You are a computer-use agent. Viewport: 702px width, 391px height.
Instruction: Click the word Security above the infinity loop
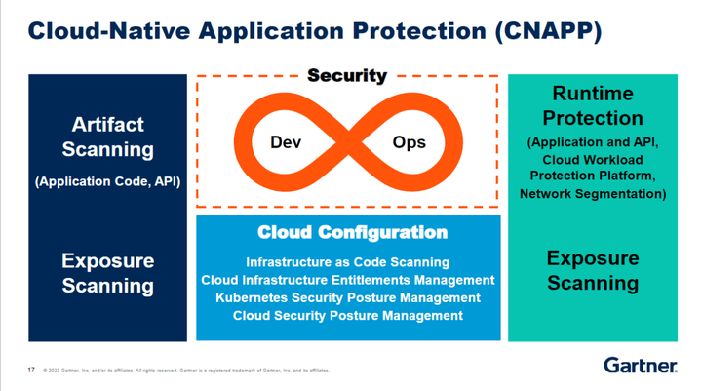click(347, 75)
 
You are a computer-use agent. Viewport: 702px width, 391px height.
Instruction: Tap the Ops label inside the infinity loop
click(408, 142)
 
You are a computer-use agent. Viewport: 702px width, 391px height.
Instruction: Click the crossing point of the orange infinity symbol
click(348, 142)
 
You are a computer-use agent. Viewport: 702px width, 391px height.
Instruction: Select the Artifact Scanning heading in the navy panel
click(107, 137)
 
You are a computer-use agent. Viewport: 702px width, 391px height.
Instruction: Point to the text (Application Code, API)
click(107, 181)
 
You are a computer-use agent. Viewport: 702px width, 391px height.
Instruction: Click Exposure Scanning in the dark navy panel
click(107, 273)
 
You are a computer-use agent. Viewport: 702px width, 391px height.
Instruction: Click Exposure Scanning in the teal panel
click(592, 270)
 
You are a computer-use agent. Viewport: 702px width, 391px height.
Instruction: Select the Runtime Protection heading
click(592, 105)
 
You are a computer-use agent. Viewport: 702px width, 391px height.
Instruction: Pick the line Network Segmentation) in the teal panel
click(592, 194)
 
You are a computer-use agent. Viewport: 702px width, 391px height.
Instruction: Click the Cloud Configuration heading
click(352, 233)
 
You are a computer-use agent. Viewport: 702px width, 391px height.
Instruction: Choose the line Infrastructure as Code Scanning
click(347, 262)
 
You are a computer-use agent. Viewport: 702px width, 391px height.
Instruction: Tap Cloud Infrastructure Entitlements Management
click(349, 280)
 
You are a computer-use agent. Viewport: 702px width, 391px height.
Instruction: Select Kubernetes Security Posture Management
click(348, 297)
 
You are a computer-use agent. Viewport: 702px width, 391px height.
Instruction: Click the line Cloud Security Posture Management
click(347, 315)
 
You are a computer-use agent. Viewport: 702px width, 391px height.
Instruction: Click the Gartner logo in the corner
click(640, 367)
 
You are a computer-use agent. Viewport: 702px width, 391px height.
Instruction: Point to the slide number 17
click(30, 371)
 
